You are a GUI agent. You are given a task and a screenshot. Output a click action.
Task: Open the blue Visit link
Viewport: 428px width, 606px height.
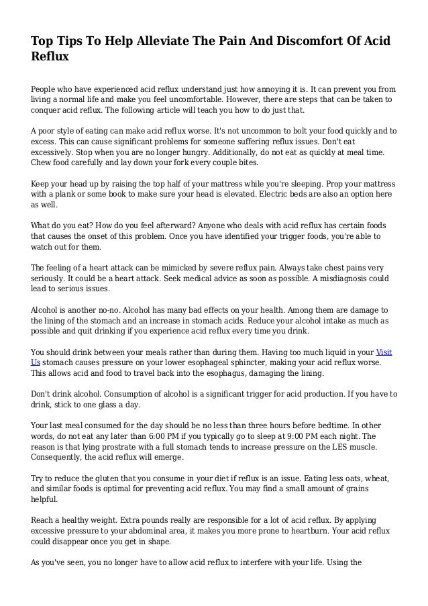pyautogui.click(x=384, y=352)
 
